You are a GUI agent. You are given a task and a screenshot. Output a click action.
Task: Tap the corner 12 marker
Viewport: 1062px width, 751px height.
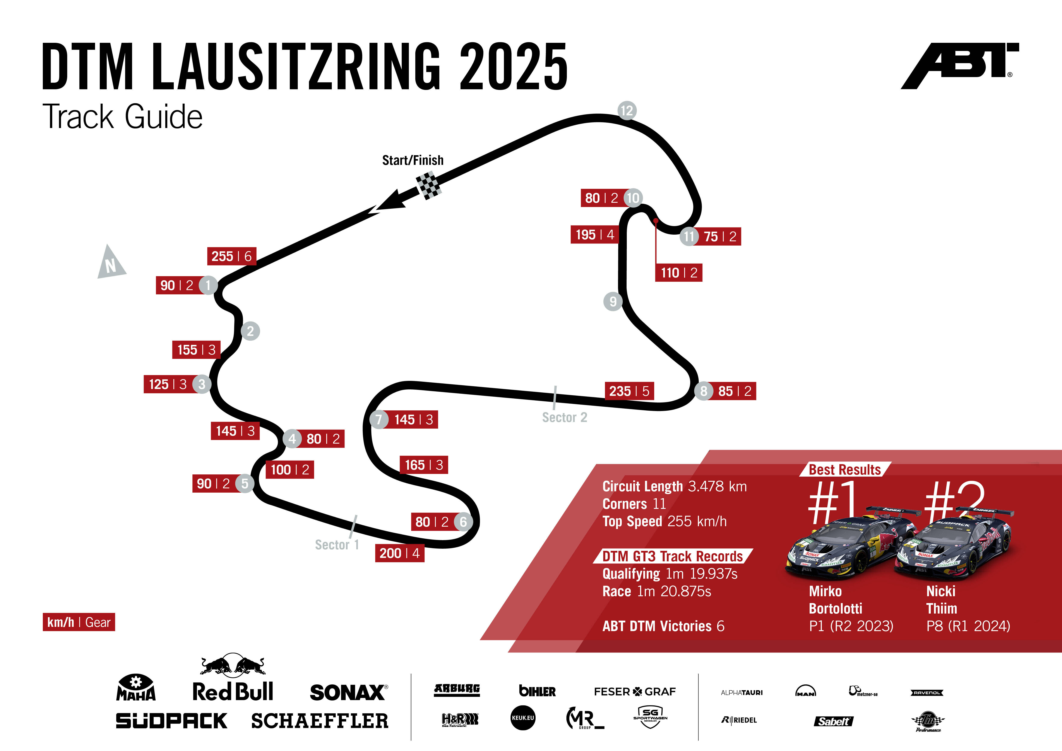[x=627, y=110]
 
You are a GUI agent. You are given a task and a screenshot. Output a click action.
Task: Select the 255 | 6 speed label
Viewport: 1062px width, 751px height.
[x=231, y=256]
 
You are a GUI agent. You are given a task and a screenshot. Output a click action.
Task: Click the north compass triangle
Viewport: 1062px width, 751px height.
[x=111, y=263]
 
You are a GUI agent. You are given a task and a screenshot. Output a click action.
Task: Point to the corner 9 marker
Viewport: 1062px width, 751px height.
[x=613, y=301]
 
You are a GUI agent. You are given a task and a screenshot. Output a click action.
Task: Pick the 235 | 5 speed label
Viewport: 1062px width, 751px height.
[x=629, y=391]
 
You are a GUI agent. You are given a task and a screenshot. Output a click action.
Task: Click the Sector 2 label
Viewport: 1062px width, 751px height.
[x=564, y=418]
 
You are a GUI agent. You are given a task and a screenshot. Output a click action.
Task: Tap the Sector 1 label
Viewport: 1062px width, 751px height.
[x=337, y=545]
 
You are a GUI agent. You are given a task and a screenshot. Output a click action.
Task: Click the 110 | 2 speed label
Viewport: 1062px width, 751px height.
[x=679, y=273]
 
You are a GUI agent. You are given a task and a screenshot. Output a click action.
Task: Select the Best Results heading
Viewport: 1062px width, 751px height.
[x=845, y=470]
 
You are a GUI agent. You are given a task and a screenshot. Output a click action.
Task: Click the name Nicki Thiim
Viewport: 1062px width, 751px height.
[x=942, y=600]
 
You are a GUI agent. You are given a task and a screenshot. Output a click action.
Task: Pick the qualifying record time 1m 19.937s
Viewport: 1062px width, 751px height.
[x=701, y=574]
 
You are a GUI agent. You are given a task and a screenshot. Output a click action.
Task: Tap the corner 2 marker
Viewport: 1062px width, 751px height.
[x=250, y=331]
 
